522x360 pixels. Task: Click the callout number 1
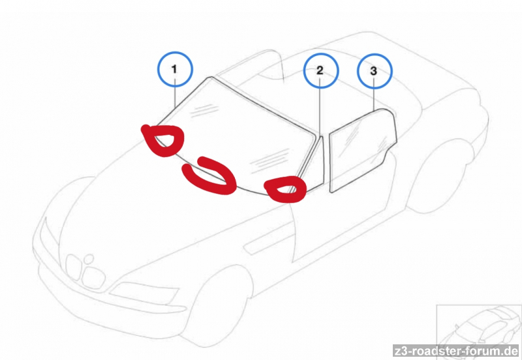click(x=174, y=69)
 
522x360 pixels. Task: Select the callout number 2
click(x=320, y=70)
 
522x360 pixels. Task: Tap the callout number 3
click(x=373, y=71)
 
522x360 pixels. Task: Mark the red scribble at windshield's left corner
click(x=164, y=140)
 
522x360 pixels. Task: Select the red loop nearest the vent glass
click(x=286, y=189)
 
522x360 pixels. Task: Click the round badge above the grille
click(x=89, y=258)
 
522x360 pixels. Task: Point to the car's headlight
click(x=144, y=292)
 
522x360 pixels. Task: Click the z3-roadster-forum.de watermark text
click(x=455, y=351)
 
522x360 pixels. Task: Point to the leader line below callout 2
click(x=320, y=110)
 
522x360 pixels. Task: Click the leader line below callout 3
click(x=374, y=98)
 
